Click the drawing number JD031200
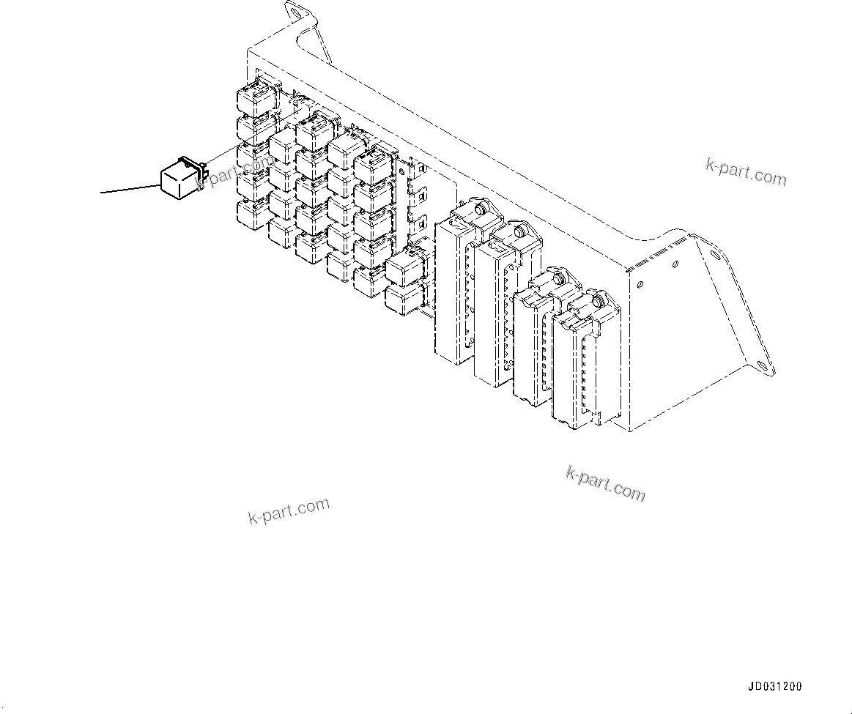point(775,687)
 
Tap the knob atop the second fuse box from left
point(519,232)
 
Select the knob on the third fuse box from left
point(558,279)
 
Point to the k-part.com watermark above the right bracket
point(746,172)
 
